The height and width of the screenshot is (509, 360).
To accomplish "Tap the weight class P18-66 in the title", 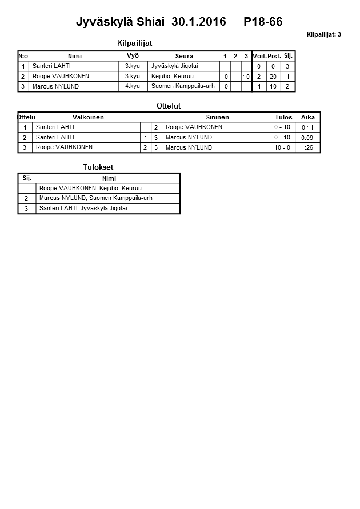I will coord(263,22).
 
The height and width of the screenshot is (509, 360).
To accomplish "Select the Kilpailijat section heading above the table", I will coord(134,43).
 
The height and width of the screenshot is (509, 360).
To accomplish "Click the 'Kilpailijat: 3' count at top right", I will coord(324,34).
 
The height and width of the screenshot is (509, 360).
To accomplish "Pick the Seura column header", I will coord(184,56).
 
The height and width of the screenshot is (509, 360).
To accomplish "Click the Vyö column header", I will coord(133,55).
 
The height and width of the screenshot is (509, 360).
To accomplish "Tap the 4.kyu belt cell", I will coord(133,86).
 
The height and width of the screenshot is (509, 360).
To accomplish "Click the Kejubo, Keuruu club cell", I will coord(173,76).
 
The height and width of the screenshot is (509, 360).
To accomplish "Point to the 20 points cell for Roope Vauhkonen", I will coord(273,77).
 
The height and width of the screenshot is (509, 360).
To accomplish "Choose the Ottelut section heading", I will coord(169,106).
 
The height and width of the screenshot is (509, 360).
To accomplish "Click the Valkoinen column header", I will coord(88,117).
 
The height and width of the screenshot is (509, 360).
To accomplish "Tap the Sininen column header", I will coord(217,117).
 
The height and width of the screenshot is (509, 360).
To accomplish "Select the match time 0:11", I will coord(307,127).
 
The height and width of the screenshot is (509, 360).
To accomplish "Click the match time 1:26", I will coord(307,147).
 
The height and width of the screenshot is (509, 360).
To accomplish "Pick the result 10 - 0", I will coord(282,147).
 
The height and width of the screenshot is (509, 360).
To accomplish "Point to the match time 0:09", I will coord(307,138).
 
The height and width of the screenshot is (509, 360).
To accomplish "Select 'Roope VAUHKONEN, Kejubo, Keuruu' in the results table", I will coord(90,188).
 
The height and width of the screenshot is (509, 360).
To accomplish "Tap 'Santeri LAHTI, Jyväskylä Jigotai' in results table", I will coord(83,209).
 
